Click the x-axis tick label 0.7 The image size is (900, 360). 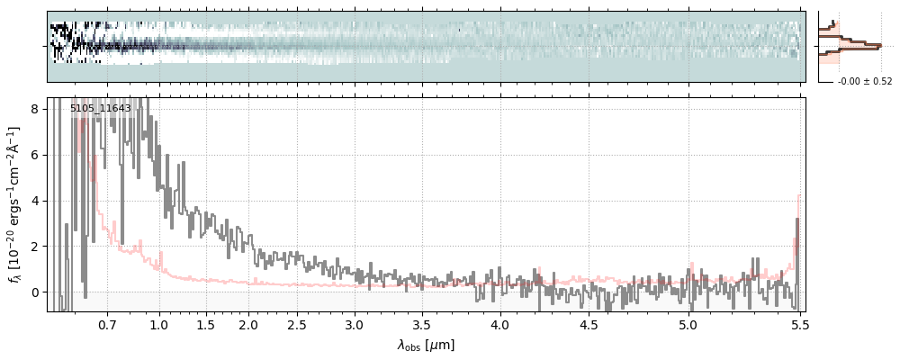point(107,324)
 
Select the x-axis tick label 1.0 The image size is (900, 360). point(159,324)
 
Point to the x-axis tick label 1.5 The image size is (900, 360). point(205,324)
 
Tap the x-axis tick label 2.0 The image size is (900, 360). point(248,324)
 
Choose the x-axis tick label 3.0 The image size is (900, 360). point(354,324)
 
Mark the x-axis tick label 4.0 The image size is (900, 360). point(500,324)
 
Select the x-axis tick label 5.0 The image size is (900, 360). point(688,324)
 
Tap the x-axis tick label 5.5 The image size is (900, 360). point(798,324)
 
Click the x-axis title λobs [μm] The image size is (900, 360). point(426,345)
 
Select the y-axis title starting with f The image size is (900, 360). point(13,204)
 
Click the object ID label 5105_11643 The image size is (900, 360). point(101,109)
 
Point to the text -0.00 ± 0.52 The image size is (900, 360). point(865,82)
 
